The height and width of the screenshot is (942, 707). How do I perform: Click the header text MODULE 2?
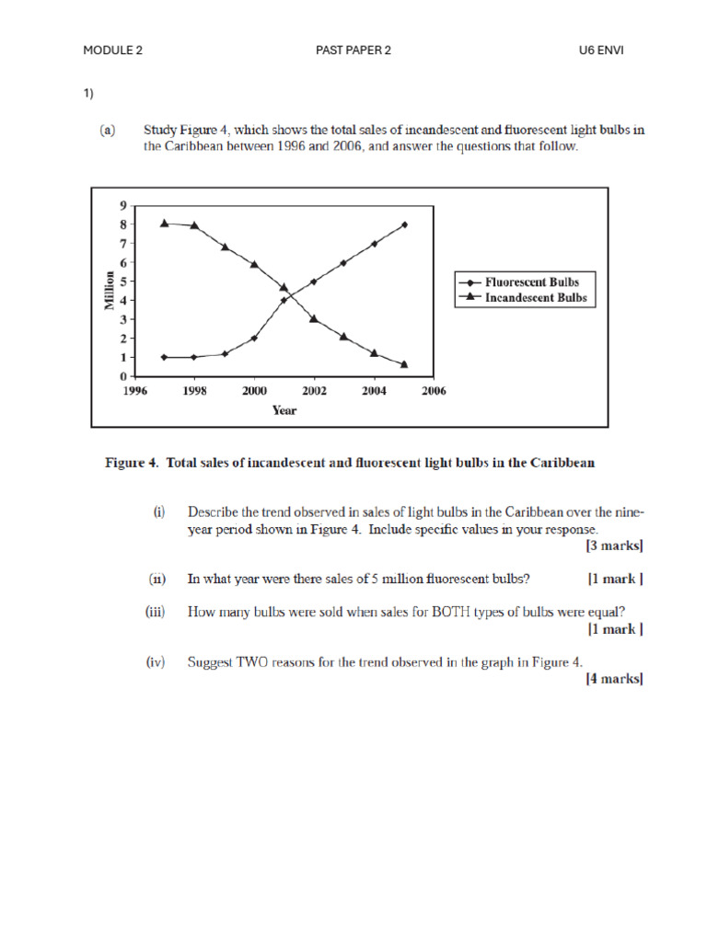pyautogui.click(x=112, y=51)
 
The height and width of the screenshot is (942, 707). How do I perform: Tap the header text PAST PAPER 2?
pyautogui.click(x=353, y=51)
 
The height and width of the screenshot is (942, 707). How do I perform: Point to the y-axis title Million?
pyautogui.click(x=110, y=291)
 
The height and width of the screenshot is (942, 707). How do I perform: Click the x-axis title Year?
pyautogui.click(x=284, y=410)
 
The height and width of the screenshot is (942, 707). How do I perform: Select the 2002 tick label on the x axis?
pyautogui.click(x=314, y=391)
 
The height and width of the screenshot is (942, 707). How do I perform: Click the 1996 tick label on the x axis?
pyautogui.click(x=135, y=391)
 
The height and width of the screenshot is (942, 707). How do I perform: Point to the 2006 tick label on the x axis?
pyautogui.click(x=433, y=391)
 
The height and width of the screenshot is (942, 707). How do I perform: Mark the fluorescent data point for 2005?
pyautogui.click(x=404, y=224)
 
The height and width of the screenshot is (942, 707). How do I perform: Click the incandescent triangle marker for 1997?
pyautogui.click(x=165, y=223)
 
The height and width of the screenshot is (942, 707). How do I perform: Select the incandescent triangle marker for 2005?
pyautogui.click(x=404, y=364)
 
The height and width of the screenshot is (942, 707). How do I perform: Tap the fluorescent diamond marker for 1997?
pyautogui.click(x=165, y=357)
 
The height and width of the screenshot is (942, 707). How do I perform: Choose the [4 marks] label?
pyautogui.click(x=614, y=679)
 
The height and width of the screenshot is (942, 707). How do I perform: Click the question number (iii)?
pyautogui.click(x=155, y=612)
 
